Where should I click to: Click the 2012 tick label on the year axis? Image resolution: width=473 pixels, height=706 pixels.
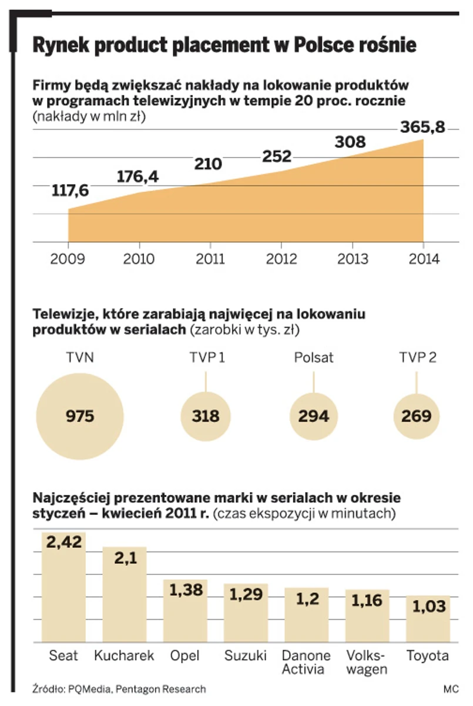pyautogui.click(x=281, y=259)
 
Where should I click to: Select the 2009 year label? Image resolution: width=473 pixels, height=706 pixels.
pyautogui.click(x=68, y=259)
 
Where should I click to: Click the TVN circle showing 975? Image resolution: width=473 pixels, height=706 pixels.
pyautogui.click(x=80, y=416)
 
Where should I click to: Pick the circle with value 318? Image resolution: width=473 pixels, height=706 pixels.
pyautogui.click(x=205, y=416)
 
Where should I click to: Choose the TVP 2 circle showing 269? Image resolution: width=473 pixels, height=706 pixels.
pyautogui.click(x=417, y=416)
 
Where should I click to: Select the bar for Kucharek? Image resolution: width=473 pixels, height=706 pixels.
pyautogui.click(x=125, y=594)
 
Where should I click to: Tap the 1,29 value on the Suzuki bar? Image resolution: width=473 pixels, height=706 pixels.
pyautogui.click(x=246, y=594)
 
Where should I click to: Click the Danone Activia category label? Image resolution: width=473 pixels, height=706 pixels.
pyautogui.click(x=306, y=662)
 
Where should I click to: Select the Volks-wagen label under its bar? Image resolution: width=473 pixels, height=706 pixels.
pyautogui.click(x=367, y=662)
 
